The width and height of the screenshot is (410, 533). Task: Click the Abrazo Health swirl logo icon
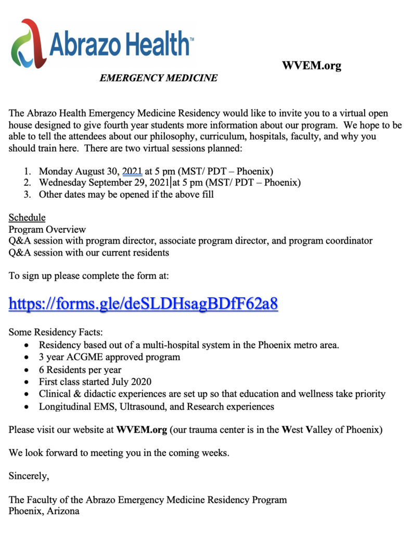[26, 44]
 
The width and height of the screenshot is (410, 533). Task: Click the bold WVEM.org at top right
[311, 66]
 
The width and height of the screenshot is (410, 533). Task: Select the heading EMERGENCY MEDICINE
[158, 78]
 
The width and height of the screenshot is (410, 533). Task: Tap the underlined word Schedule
[27, 218]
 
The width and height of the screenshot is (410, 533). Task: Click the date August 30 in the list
[98, 171]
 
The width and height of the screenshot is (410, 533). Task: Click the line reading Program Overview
[47, 230]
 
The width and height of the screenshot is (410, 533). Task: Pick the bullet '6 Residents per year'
[80, 370]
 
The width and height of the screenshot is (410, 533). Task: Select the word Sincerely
[29, 476]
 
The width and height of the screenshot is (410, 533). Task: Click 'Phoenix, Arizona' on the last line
[44, 511]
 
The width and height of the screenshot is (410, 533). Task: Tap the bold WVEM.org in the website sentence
[142, 430]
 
